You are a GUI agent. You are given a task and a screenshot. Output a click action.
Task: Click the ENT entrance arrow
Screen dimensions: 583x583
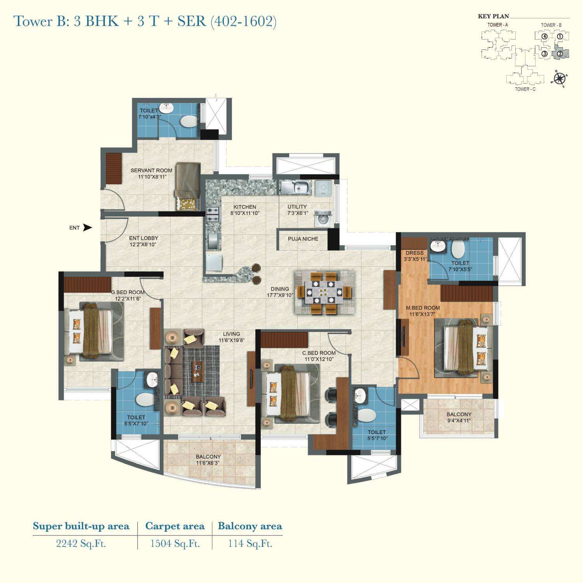pos(88,228)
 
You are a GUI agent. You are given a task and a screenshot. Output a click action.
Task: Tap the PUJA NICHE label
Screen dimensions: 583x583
pos(303,239)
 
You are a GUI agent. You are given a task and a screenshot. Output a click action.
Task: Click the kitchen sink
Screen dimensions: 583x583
pos(297,188)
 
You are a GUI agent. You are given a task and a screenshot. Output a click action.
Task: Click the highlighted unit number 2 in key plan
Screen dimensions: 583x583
pos(560,54)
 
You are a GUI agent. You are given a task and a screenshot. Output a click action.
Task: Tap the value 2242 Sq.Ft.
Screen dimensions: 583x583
pos(81,543)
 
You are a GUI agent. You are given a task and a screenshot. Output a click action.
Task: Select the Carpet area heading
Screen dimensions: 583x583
pos(175,526)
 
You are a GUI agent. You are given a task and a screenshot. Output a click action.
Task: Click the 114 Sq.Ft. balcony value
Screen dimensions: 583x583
pos(250,543)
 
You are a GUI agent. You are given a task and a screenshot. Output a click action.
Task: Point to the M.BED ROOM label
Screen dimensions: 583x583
pos(423,308)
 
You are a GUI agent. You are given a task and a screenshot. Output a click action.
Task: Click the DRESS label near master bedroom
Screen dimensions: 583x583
pos(414,253)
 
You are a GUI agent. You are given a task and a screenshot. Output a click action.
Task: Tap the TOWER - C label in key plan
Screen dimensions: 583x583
pos(525,89)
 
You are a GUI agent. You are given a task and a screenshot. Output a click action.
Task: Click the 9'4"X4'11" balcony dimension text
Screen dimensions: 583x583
pos(459,420)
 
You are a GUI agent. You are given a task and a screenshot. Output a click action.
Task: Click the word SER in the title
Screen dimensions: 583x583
pos(191,21)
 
